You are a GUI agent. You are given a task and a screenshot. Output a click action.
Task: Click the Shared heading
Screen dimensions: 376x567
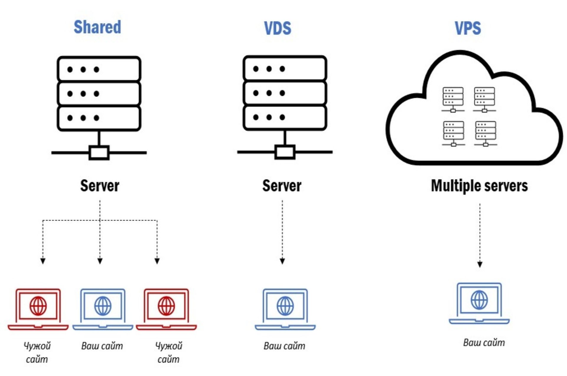pyautogui.click(x=97, y=27)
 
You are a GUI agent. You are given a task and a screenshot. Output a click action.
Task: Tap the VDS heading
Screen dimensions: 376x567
pyautogui.click(x=277, y=28)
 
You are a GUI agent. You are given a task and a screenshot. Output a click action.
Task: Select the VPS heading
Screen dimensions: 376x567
pyautogui.click(x=468, y=28)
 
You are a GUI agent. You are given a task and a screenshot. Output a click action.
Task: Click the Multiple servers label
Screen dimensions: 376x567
pyautogui.click(x=479, y=186)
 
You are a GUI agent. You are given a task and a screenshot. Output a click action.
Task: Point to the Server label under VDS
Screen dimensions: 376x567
pyautogui.click(x=282, y=186)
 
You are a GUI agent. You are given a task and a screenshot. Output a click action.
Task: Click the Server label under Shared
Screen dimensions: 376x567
pyautogui.click(x=100, y=186)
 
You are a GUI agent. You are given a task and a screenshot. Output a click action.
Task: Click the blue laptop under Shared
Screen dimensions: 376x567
pyautogui.click(x=103, y=309)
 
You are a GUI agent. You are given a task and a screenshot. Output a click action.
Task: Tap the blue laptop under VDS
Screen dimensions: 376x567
pyautogui.click(x=285, y=309)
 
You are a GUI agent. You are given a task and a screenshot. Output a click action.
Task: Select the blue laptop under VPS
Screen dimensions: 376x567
pyautogui.click(x=479, y=303)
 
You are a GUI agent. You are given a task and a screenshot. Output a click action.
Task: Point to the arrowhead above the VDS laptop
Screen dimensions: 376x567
pyautogui.click(x=282, y=261)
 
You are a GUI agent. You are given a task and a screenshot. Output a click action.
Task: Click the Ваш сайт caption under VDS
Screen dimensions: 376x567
pyautogui.click(x=284, y=346)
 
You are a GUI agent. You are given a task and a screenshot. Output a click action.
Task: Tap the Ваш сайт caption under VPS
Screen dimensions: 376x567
pyautogui.click(x=484, y=342)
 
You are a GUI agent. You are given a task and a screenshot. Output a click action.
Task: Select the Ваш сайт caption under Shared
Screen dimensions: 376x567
pyautogui.click(x=102, y=346)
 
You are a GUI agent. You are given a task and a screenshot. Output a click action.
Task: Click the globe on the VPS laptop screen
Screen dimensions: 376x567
pyautogui.click(x=479, y=300)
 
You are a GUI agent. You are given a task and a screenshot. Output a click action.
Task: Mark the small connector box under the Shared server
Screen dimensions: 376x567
pyautogui.click(x=99, y=153)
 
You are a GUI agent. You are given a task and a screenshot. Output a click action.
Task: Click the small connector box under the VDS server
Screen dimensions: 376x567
pyautogui.click(x=285, y=152)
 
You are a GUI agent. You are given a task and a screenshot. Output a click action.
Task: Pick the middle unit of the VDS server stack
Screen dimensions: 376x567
pyautogui.click(x=285, y=93)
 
